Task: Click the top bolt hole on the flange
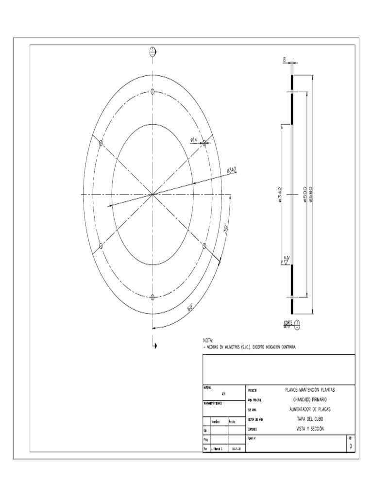tap(153, 92)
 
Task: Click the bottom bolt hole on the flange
tap(153, 297)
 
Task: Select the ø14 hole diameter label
tap(193, 140)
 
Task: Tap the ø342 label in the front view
tap(231, 169)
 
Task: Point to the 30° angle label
tap(226, 228)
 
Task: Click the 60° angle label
tap(190, 308)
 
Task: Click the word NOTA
tap(208, 341)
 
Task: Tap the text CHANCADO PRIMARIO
tap(309, 399)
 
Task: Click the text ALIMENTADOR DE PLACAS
tap(309, 409)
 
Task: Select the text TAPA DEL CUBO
tap(309, 419)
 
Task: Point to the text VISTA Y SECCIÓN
tap(309, 429)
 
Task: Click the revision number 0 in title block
tap(351, 446)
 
